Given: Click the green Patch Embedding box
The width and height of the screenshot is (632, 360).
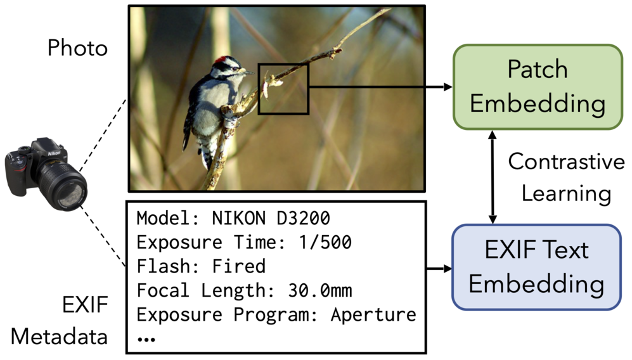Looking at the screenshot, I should pos(537,86).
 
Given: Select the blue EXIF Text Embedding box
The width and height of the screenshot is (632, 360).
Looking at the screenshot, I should pos(536,267).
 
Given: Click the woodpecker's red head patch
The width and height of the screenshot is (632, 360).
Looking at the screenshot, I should pos(221,61).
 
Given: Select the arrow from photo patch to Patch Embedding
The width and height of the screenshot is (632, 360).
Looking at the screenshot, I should pos(380,86).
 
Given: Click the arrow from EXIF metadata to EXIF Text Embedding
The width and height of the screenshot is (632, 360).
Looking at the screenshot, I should pos(439,268).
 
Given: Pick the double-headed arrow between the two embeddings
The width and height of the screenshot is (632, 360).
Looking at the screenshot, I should pos(493,177).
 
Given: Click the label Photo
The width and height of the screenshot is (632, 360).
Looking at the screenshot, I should pos(77,48).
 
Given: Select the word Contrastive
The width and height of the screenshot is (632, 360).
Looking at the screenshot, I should pos(566,162).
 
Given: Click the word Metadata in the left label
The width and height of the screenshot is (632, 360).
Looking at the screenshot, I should pos(60,337).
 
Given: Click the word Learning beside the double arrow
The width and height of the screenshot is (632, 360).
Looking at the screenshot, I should pos(566,193).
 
